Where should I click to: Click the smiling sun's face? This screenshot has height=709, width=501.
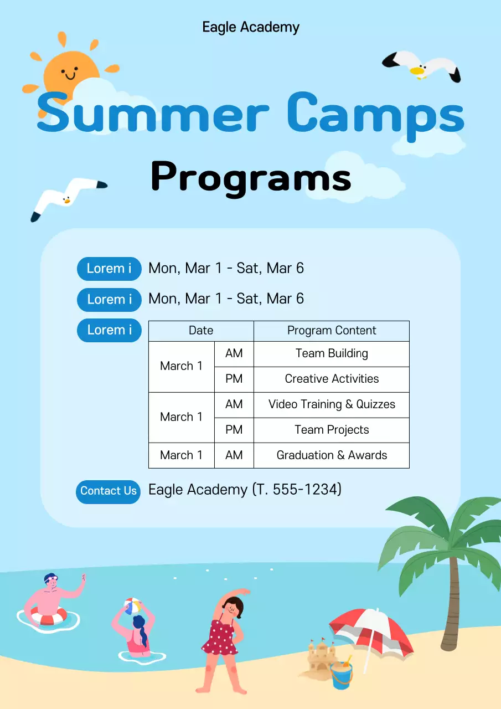70,73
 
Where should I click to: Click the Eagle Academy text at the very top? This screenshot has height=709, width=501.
251,27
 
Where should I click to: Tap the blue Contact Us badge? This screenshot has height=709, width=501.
108,491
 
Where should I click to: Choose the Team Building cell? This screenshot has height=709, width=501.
332,353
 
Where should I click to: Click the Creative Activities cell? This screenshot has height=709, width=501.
332,379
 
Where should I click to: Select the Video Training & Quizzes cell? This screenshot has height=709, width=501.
332,404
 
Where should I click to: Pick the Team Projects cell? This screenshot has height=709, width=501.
332,430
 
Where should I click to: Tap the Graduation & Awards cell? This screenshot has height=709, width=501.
332,455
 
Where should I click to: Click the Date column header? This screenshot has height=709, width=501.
201,331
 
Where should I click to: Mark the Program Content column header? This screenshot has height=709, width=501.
332,331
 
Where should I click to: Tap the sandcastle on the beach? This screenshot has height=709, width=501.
318,656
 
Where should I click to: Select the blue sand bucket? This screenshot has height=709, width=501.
341,676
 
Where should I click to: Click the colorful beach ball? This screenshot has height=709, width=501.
133,605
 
